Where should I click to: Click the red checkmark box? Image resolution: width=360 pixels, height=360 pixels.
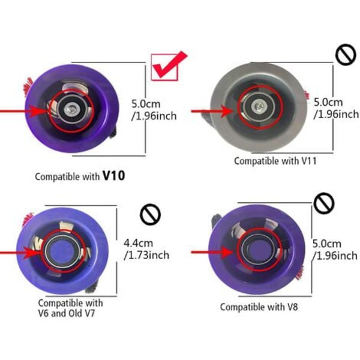click(x=164, y=67)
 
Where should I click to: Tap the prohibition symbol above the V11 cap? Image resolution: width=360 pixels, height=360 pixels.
click(x=346, y=55)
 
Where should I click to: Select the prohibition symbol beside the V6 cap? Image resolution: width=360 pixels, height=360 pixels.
click(x=150, y=214)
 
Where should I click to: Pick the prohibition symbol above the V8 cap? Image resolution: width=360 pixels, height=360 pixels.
click(x=324, y=203)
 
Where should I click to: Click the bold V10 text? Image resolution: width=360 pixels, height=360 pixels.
click(x=113, y=176)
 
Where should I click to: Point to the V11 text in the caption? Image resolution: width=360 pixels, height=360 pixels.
click(x=309, y=161)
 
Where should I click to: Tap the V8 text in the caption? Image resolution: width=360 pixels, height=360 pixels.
click(x=292, y=307)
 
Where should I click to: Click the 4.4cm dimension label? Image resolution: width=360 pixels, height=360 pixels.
click(x=138, y=242)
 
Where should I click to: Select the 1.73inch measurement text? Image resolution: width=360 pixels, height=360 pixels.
click(x=146, y=255)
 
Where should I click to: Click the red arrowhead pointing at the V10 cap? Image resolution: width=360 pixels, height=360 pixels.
click(x=38, y=112)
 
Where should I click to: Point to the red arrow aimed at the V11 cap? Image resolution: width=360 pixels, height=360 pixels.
click(x=212, y=112)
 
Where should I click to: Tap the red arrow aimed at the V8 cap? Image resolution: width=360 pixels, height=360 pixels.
click(x=212, y=253)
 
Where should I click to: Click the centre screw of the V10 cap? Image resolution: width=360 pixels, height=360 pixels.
click(x=71, y=107)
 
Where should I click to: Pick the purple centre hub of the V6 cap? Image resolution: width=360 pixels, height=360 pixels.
click(x=62, y=252)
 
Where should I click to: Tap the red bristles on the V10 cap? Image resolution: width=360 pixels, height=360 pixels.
click(x=28, y=86)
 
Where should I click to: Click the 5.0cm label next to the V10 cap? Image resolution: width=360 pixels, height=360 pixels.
click(x=146, y=104)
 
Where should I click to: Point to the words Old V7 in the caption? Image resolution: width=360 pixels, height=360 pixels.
click(x=82, y=313)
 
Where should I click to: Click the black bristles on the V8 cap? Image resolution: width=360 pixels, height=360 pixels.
click(x=217, y=219)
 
